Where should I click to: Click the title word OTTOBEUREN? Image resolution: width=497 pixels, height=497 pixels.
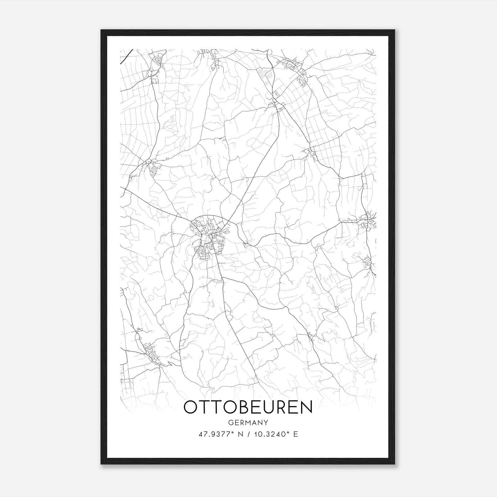[x=248, y=407]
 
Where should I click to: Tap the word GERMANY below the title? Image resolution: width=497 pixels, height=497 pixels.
[x=248, y=422]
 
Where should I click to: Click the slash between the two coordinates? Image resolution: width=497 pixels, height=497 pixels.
[x=248, y=434]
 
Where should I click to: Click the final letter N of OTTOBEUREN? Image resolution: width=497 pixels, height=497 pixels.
[x=306, y=407]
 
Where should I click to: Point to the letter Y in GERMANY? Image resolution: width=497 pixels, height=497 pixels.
[x=266, y=422]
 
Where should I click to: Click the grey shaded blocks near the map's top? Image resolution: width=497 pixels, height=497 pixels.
[x=264, y=74]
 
